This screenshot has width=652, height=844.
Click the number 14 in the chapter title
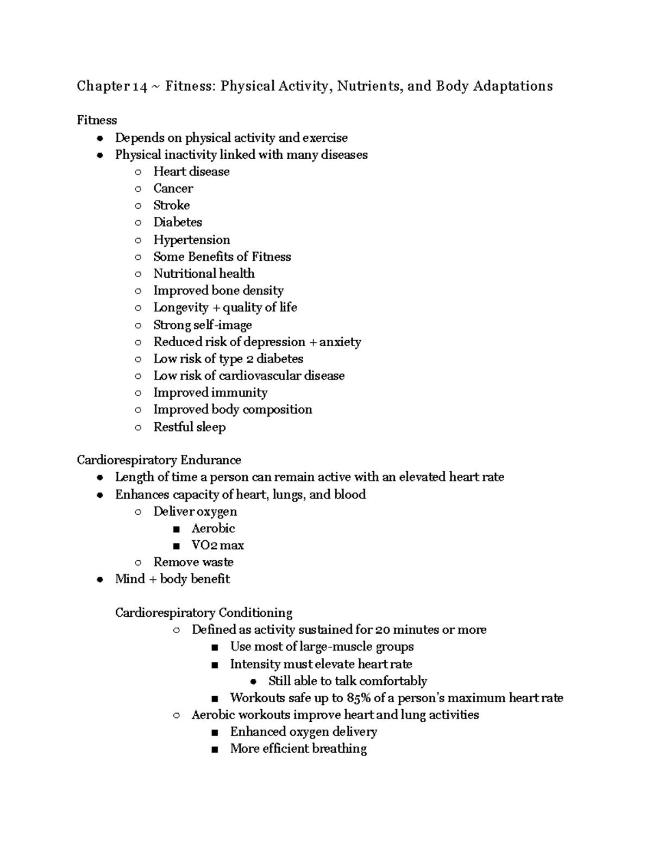[x=140, y=86]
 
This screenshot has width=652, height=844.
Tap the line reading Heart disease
[x=191, y=172]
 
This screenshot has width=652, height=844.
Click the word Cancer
[x=173, y=189]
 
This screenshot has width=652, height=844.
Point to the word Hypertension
[x=191, y=240]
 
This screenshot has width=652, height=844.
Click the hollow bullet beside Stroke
[x=138, y=206]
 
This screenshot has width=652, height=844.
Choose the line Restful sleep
[x=189, y=427]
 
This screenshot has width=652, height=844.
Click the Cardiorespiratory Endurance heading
[x=159, y=460]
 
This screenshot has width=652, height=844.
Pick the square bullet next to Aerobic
[x=176, y=529]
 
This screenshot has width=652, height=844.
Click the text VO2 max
[x=217, y=545]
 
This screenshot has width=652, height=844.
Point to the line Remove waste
[x=193, y=562]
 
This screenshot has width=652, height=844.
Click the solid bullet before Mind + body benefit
[x=99, y=580]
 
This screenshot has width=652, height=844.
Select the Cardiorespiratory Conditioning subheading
[x=203, y=613]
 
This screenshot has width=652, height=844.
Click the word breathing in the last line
[x=339, y=749]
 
